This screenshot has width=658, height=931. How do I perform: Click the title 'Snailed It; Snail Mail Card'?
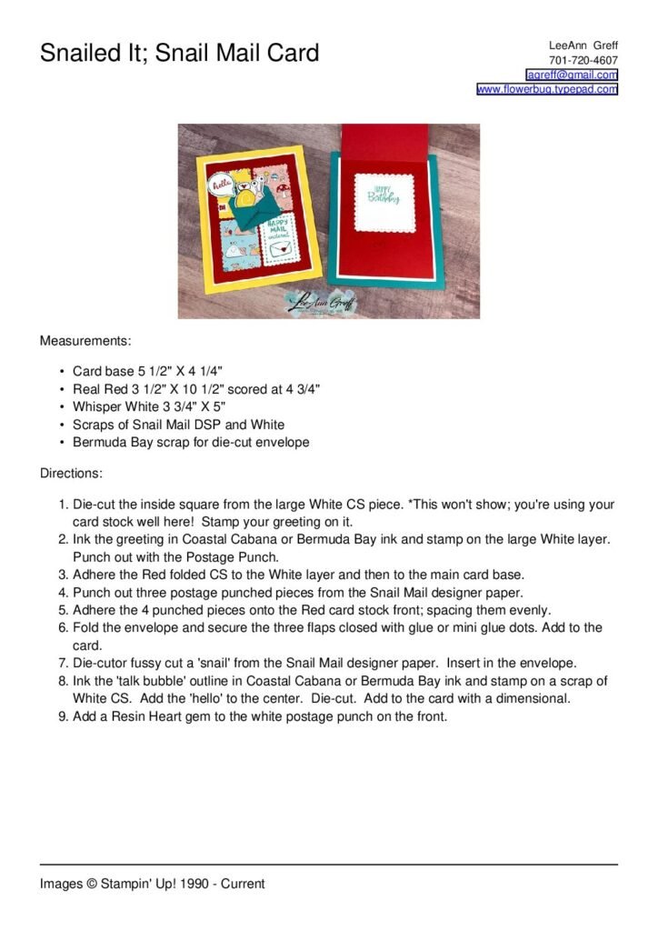click(179, 53)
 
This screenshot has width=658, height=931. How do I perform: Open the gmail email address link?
click(572, 75)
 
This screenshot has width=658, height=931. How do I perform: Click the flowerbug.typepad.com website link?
click(547, 89)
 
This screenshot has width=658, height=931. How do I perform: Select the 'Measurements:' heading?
click(85, 341)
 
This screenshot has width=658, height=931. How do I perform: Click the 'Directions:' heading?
click(71, 474)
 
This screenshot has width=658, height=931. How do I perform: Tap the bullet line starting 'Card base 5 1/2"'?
click(147, 371)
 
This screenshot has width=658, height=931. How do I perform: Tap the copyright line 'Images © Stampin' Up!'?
click(152, 883)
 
